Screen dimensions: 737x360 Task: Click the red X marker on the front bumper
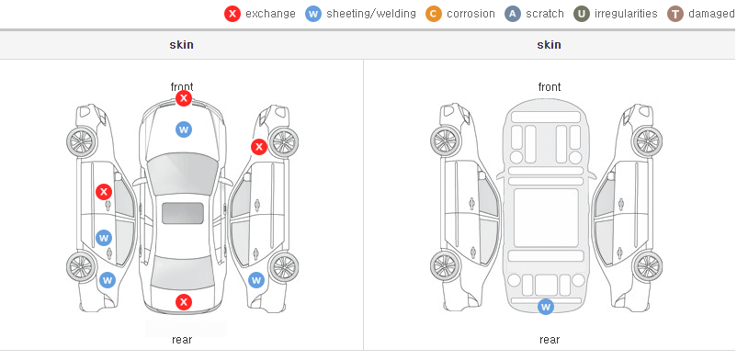pyautogui.click(x=184, y=98)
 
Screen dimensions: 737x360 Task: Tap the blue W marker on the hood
pyautogui.click(x=184, y=129)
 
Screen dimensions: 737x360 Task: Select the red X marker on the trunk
pyautogui.click(x=184, y=302)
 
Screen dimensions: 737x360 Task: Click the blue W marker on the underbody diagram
pyautogui.click(x=546, y=307)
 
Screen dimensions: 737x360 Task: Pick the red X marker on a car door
pyautogui.click(x=104, y=192)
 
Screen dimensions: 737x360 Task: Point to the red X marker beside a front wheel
pyautogui.click(x=259, y=147)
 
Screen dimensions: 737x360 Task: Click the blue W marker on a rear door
pyautogui.click(x=104, y=238)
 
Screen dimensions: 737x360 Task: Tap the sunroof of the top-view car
pyautogui.click(x=183, y=213)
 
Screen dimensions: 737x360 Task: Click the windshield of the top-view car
pyautogui.click(x=183, y=172)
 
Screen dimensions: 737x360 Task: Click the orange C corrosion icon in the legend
pyautogui.click(x=434, y=14)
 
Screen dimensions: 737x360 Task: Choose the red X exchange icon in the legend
pyautogui.click(x=232, y=14)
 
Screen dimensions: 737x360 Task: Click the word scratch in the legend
pyautogui.click(x=545, y=14)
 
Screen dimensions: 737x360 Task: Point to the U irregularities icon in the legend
pyautogui.click(x=582, y=14)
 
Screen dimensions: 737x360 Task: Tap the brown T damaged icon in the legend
pyautogui.click(x=675, y=14)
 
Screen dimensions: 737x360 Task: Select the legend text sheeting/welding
pyautogui.click(x=371, y=14)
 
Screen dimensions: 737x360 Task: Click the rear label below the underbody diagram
pyautogui.click(x=550, y=340)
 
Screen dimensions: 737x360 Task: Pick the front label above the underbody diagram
pyautogui.click(x=550, y=87)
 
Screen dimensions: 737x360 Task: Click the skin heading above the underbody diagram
pyautogui.click(x=549, y=45)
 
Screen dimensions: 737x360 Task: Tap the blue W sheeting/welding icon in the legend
pyautogui.click(x=313, y=14)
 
